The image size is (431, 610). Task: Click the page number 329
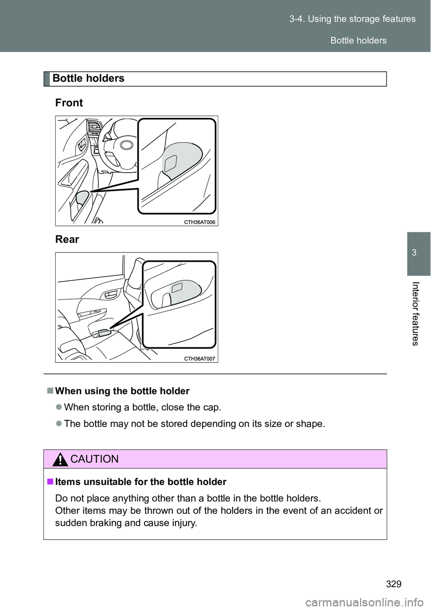[x=393, y=584]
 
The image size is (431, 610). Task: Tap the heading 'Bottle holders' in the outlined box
[x=88, y=78]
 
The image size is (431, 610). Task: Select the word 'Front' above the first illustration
[x=69, y=103]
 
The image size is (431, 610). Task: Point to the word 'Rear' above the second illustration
[x=67, y=240]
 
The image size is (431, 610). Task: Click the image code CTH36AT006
[x=200, y=222]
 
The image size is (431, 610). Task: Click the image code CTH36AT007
[x=200, y=358]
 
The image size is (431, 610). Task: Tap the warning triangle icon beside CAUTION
[x=60, y=459]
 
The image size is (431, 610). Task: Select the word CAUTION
[x=95, y=459]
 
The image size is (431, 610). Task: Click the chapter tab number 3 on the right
[x=414, y=253]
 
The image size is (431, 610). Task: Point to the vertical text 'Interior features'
[x=415, y=314]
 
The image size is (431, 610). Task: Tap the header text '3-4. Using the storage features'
[x=352, y=19]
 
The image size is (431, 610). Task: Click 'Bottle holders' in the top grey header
[x=358, y=40]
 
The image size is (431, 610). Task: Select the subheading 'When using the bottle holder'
[x=122, y=391]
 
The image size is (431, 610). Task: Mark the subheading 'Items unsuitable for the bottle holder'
[x=141, y=482]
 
